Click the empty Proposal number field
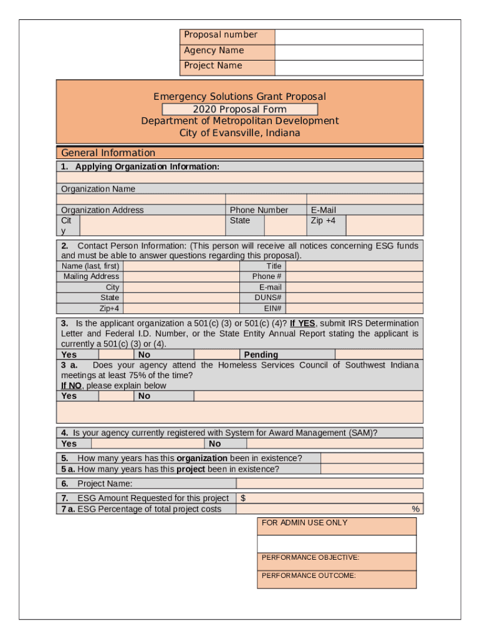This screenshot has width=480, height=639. point(348,36)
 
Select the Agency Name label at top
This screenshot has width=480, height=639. point(214,51)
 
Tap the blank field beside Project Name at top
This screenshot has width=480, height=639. point(348,67)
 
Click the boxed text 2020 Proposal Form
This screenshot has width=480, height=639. point(239,109)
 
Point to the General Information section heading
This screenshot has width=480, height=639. point(108,153)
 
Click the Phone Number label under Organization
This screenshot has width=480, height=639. point(259,210)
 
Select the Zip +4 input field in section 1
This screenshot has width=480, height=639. point(384,225)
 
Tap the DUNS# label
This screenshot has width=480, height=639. point(270,298)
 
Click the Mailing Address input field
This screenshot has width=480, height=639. point(181,276)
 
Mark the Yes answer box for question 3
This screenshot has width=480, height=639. point(115,354)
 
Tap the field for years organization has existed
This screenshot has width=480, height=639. point(372,458)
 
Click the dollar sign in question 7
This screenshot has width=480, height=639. point(243,498)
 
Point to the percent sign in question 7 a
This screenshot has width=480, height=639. point(415,509)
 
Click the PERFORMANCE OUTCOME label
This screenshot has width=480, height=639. point(309,576)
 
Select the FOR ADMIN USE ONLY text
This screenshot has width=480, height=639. point(304,523)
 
